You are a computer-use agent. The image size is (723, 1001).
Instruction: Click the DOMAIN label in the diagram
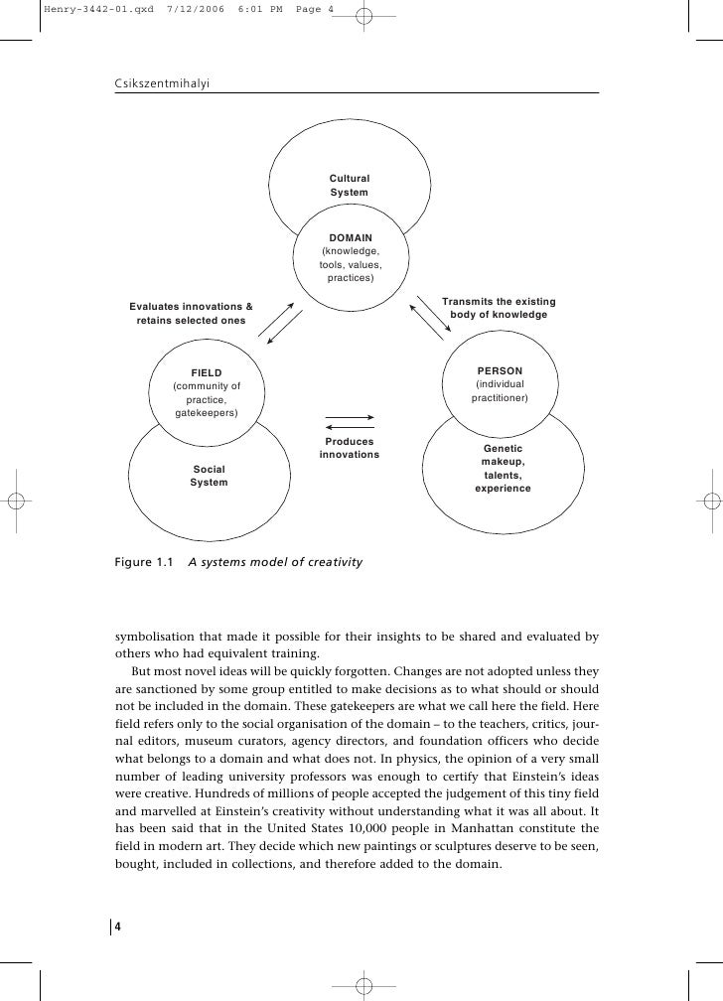click(x=350, y=238)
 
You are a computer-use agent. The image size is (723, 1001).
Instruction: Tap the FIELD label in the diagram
click(x=207, y=372)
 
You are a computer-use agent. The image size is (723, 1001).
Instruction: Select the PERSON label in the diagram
click(x=500, y=370)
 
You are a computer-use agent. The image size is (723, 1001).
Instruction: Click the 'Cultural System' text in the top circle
click(x=350, y=185)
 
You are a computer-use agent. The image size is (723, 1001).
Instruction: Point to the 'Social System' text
click(x=209, y=475)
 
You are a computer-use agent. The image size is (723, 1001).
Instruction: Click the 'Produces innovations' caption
click(x=350, y=448)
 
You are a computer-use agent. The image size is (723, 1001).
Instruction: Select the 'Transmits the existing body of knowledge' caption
click(x=499, y=308)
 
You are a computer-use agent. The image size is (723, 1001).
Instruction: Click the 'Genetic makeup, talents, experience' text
click(x=503, y=469)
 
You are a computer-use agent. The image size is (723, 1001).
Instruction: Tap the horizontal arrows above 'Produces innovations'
click(x=350, y=421)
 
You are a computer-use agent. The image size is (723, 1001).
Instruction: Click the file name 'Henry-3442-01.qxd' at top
click(x=77, y=8)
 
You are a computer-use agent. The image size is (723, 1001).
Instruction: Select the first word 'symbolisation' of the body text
click(x=154, y=636)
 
